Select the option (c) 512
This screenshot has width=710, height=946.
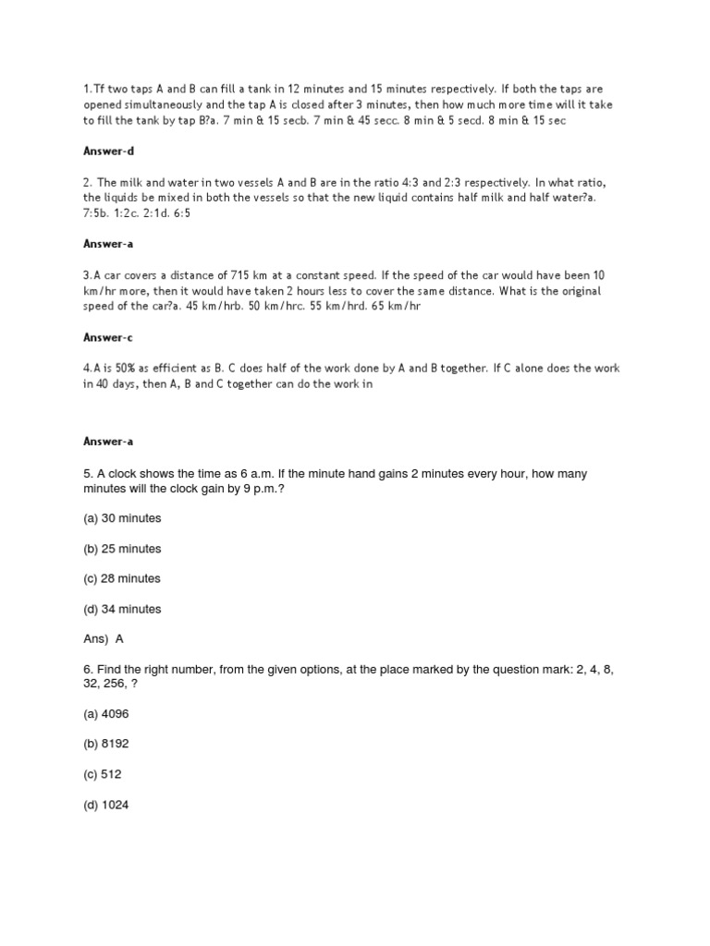click(103, 774)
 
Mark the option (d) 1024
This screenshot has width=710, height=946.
click(106, 805)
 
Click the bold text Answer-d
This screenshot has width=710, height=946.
click(109, 150)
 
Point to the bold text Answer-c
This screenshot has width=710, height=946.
click(109, 337)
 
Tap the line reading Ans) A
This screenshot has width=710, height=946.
click(104, 638)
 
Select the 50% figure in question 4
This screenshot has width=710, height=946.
click(124, 368)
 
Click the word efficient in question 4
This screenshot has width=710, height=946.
click(181, 368)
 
